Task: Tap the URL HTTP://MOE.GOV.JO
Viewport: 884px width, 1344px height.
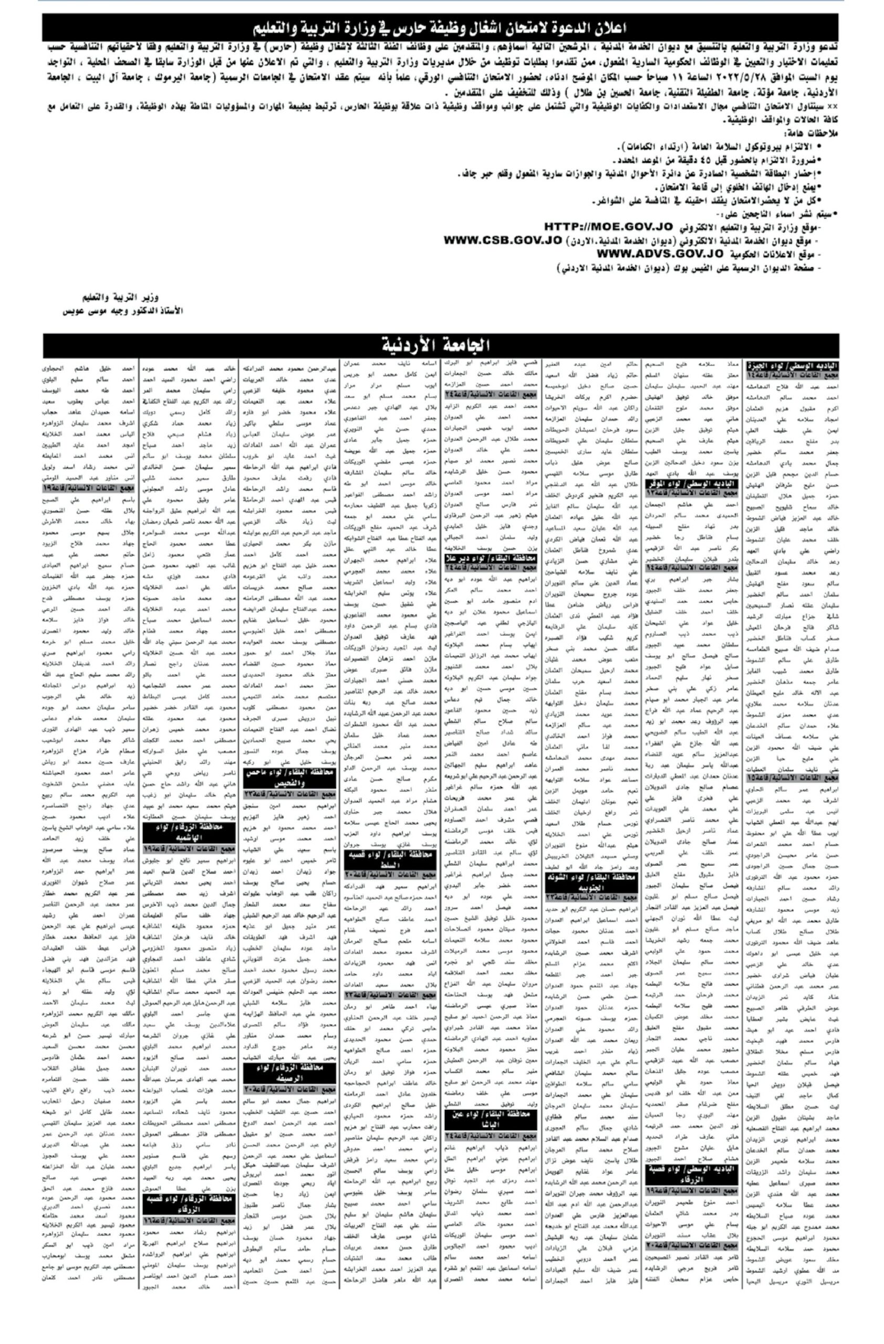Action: tap(608, 226)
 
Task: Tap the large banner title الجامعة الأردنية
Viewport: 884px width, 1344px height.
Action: tap(435, 344)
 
